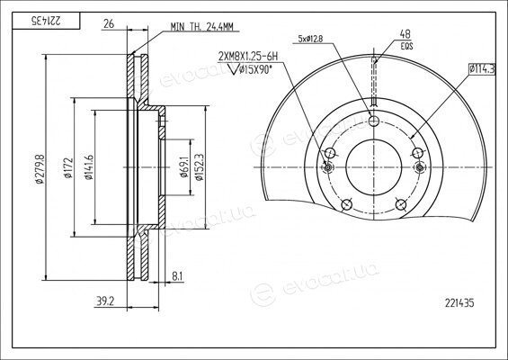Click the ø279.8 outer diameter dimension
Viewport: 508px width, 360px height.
[40, 167]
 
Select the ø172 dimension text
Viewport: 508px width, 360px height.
[68, 168]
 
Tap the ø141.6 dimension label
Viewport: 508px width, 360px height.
[88, 167]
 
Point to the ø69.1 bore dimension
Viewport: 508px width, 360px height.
[184, 167]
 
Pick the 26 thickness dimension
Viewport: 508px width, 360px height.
[109, 23]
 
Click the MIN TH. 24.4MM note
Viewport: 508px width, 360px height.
[202, 27]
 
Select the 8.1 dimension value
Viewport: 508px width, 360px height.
[177, 276]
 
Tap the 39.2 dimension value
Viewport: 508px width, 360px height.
[105, 301]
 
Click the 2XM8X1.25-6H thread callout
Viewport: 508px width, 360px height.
[248, 57]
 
